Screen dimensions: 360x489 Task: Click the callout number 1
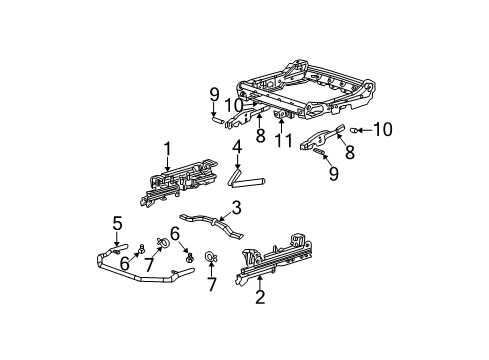167,149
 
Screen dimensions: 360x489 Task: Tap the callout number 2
260,296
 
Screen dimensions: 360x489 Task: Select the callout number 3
236,208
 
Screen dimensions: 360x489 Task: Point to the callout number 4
237,149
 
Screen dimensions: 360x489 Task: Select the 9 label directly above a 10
213,95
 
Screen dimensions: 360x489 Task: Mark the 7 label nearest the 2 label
212,285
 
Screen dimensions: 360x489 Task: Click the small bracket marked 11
285,118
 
